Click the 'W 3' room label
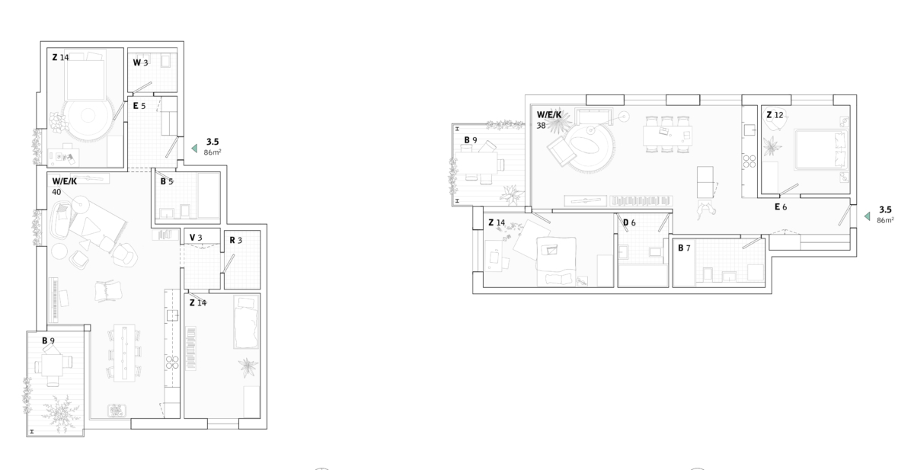(x=140, y=62)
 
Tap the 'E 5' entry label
(x=139, y=106)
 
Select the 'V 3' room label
(x=196, y=238)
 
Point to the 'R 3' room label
(x=236, y=240)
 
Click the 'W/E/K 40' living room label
(x=65, y=187)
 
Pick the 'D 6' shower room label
(x=629, y=222)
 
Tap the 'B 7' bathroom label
(x=684, y=248)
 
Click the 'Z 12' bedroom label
(x=775, y=115)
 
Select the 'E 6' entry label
(x=781, y=207)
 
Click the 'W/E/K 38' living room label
(x=549, y=120)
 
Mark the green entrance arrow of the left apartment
(x=195, y=149)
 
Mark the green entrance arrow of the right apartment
(x=867, y=216)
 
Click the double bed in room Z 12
(x=820, y=149)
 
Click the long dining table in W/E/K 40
(x=124, y=353)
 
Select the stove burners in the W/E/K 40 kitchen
(x=172, y=363)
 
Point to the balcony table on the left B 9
(x=53, y=366)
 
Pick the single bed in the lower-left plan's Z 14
(x=246, y=322)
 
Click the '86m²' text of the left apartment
(x=213, y=152)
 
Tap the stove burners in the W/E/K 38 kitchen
(x=749, y=161)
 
